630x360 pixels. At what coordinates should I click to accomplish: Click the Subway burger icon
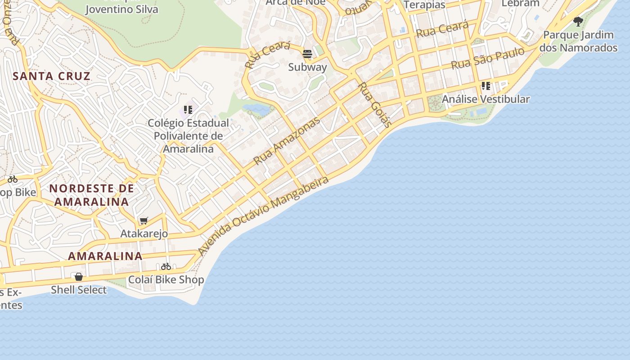(x=307, y=54)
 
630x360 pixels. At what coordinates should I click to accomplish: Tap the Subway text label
(x=307, y=67)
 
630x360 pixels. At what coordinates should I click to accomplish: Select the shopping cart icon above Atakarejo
(x=144, y=220)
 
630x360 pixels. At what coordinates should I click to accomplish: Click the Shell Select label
(x=79, y=290)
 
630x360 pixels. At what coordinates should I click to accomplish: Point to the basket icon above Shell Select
(x=79, y=276)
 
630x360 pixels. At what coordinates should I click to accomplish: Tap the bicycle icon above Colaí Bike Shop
(x=166, y=266)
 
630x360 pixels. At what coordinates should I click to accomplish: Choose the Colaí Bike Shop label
(x=166, y=280)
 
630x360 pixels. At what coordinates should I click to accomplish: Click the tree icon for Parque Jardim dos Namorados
(x=578, y=21)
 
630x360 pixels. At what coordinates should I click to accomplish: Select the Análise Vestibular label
(x=486, y=99)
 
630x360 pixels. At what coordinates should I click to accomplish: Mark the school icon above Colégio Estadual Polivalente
(x=188, y=109)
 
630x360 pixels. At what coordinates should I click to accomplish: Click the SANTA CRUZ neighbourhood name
(x=52, y=76)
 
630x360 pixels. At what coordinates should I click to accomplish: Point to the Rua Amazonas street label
(x=287, y=140)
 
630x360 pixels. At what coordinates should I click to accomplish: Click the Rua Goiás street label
(x=375, y=105)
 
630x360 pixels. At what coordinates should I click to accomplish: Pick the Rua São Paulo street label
(x=488, y=58)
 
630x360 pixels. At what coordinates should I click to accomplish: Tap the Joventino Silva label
(x=121, y=9)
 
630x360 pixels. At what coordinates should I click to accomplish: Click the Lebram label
(x=520, y=3)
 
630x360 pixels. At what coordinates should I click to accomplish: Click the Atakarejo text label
(x=144, y=234)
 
